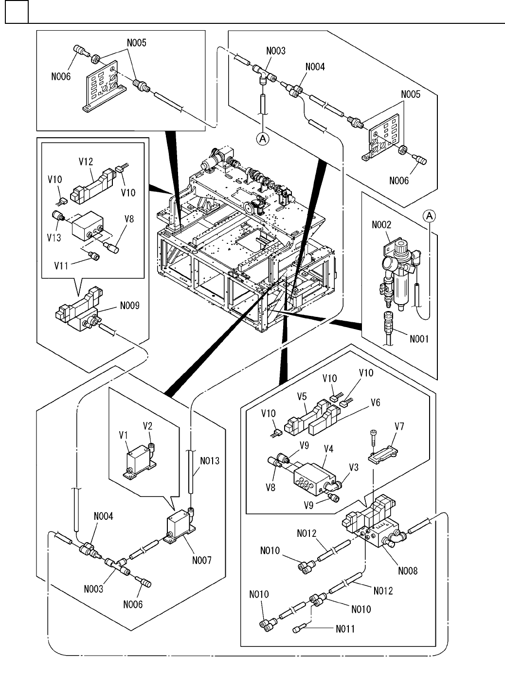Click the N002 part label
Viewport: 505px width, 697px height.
pyautogui.click(x=382, y=225)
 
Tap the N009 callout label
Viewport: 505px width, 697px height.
pyautogui.click(x=130, y=306)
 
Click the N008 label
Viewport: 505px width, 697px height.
pyautogui.click(x=408, y=570)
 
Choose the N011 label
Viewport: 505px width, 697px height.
pyautogui.click(x=345, y=629)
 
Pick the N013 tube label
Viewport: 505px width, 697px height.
pyautogui.click(x=210, y=460)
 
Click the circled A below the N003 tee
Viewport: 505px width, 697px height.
pyautogui.click(x=263, y=139)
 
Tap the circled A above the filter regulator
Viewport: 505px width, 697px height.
pyautogui.click(x=429, y=216)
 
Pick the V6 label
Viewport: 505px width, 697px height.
pyautogui.click(x=375, y=403)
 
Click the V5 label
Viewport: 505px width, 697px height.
pyautogui.click(x=302, y=397)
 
